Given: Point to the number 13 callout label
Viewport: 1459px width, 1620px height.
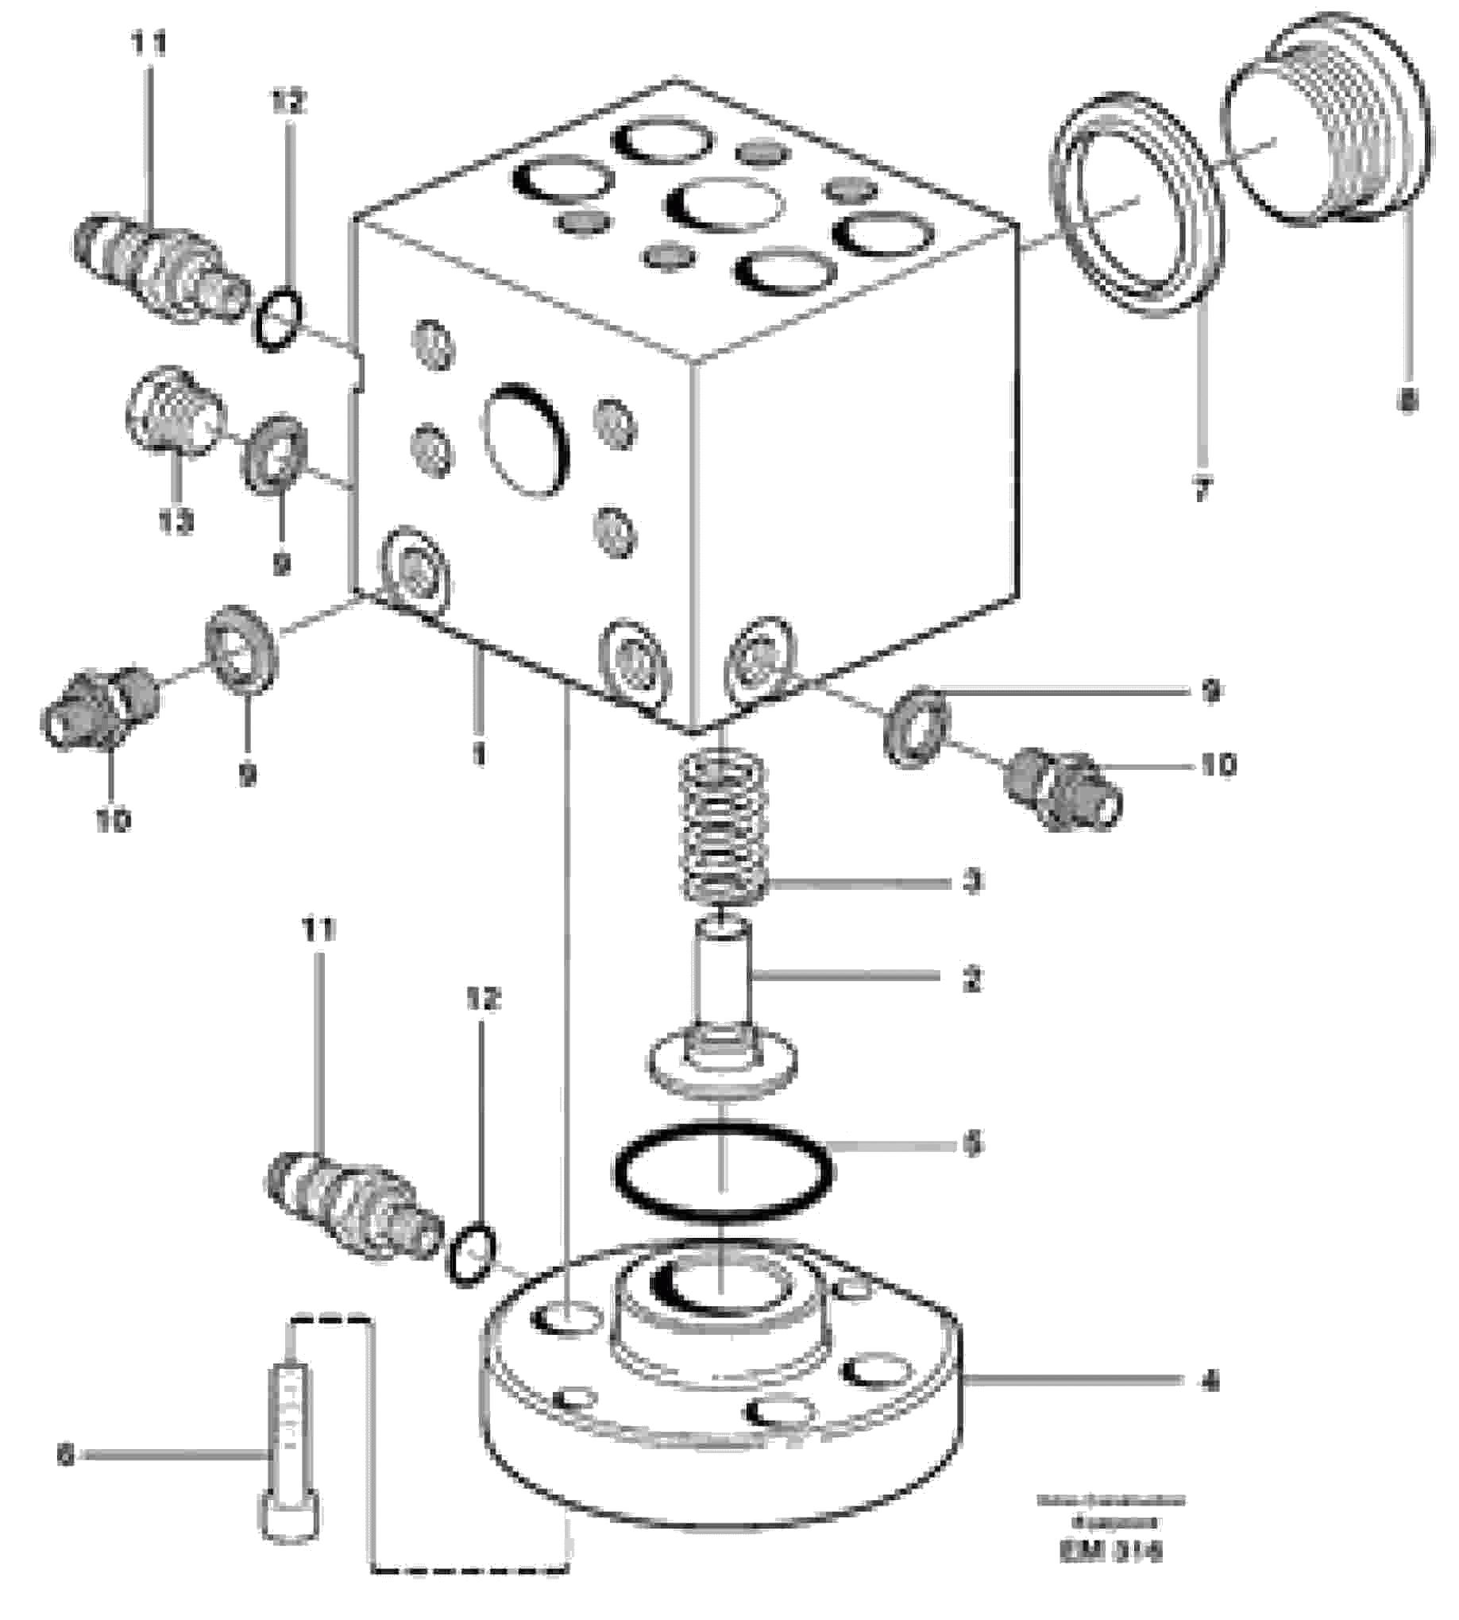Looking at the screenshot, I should click(x=175, y=522).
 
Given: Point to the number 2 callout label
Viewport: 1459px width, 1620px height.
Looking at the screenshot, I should click(x=972, y=979).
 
